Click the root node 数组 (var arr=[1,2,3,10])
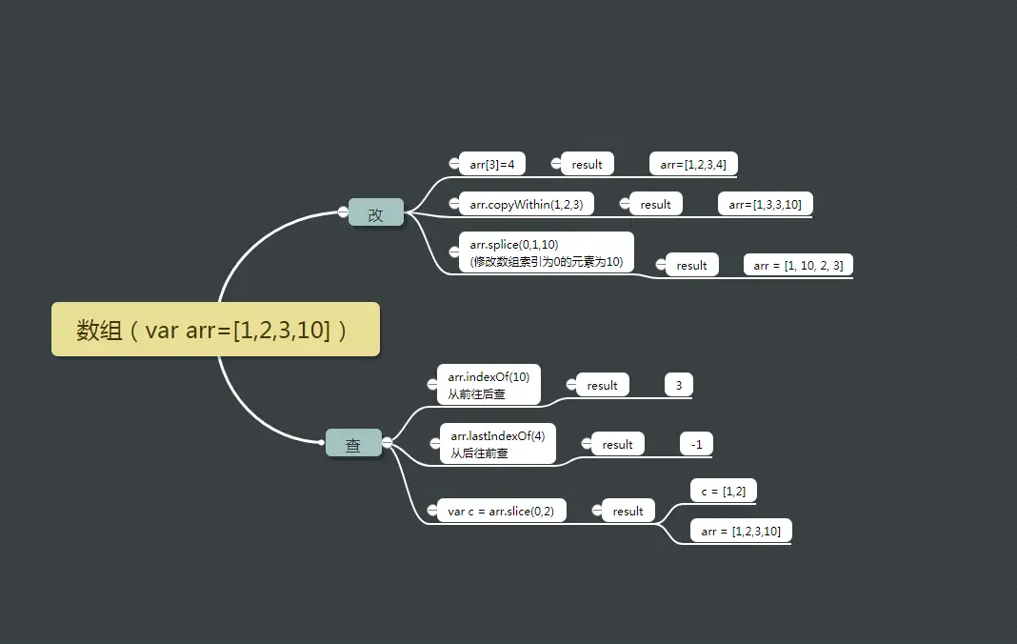pyautogui.click(x=215, y=330)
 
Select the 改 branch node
pyautogui.click(x=376, y=212)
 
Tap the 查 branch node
pyautogui.click(x=353, y=443)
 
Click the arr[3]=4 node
pyautogui.click(x=492, y=164)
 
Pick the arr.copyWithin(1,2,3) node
pyautogui.click(x=526, y=204)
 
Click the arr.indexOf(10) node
pyautogui.click(x=489, y=385)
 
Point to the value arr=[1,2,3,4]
pyautogui.click(x=693, y=164)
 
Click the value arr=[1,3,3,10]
pyautogui.click(x=765, y=204)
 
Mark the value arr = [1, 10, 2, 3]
pyautogui.click(x=798, y=265)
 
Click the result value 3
pyautogui.click(x=679, y=385)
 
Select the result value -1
pyautogui.click(x=696, y=444)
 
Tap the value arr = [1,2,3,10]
pyautogui.click(x=741, y=531)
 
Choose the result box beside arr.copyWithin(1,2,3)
pyautogui.click(x=655, y=204)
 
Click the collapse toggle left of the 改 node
pyautogui.click(x=343, y=211)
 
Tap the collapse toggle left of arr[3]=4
pyautogui.click(x=453, y=164)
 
